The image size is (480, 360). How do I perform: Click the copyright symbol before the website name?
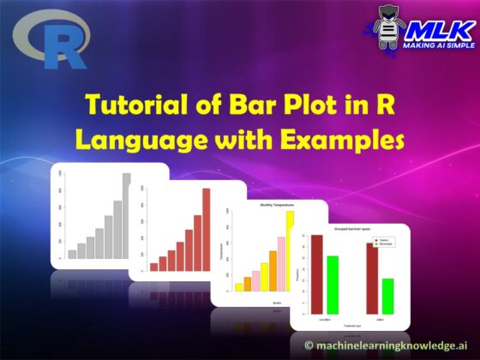point(310,345)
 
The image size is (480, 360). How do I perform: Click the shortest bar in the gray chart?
point(72,254)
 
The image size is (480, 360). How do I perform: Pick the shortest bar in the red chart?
point(154,267)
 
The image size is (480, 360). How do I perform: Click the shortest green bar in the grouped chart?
point(387,295)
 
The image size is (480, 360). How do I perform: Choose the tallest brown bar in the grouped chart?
point(316,273)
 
